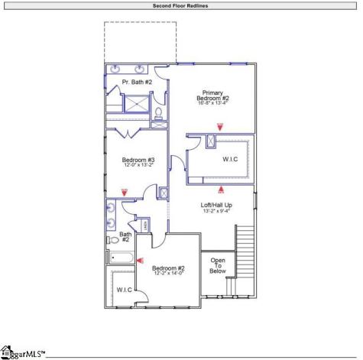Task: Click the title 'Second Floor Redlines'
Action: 181,5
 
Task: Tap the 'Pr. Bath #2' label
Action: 138,82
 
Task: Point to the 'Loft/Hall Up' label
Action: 216,205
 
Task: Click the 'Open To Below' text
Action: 218,265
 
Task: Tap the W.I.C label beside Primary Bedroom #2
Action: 230,159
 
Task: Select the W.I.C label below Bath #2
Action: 124,290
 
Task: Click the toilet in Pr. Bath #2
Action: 159,113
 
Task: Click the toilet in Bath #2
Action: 114,239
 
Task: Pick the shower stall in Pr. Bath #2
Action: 136,103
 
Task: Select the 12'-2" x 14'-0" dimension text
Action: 168,273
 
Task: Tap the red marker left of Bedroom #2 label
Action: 139,259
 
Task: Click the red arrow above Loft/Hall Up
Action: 222,186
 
